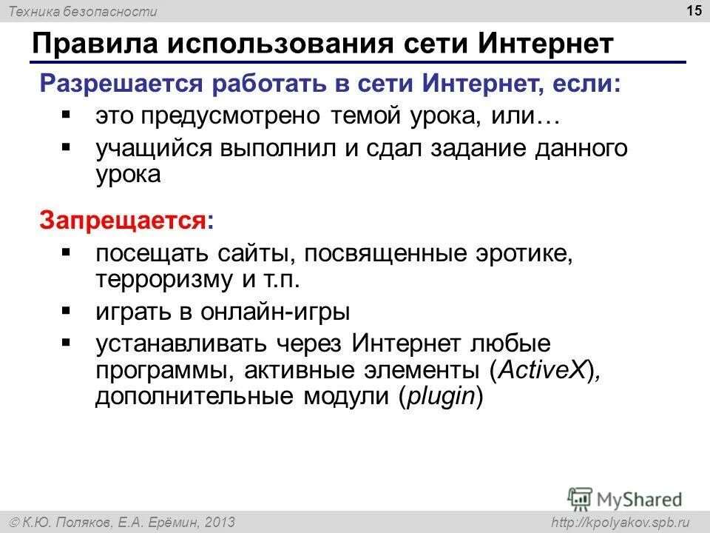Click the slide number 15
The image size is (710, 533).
(x=694, y=10)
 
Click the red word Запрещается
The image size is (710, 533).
(x=123, y=220)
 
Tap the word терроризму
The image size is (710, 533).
(x=163, y=281)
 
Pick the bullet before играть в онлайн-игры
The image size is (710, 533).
(x=67, y=309)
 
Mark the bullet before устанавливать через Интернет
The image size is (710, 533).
(x=67, y=342)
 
